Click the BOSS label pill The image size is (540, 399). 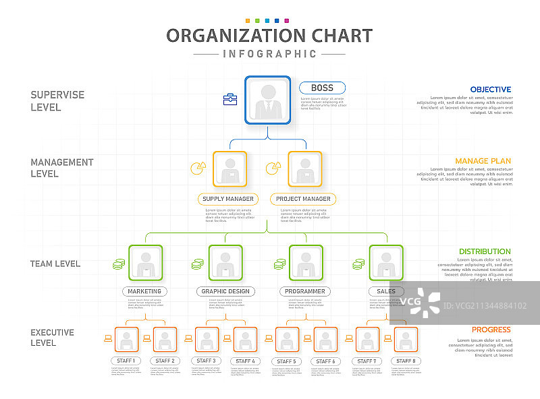322,88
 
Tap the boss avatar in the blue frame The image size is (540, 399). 267,100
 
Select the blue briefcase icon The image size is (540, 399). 230,100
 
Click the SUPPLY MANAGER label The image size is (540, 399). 228,199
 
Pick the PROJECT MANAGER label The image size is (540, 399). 303,199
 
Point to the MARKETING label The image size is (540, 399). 144,292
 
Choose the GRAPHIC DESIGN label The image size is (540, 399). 225,292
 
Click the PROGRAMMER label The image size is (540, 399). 305,292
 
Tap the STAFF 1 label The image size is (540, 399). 126,361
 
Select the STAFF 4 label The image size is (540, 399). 245,361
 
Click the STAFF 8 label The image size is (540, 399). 405,361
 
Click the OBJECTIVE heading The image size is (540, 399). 491,90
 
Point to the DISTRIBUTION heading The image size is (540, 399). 485,251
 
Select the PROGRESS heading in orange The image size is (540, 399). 491,330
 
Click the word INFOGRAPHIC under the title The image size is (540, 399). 269,54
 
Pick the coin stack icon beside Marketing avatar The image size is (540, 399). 117,265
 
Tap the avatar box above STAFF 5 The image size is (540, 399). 287,339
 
